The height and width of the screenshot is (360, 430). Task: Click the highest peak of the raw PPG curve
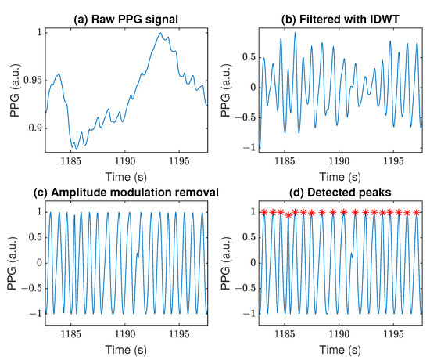click(156, 33)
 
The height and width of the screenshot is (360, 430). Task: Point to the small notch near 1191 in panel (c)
click(137, 254)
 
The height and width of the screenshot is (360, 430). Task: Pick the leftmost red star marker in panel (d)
click(264, 212)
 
